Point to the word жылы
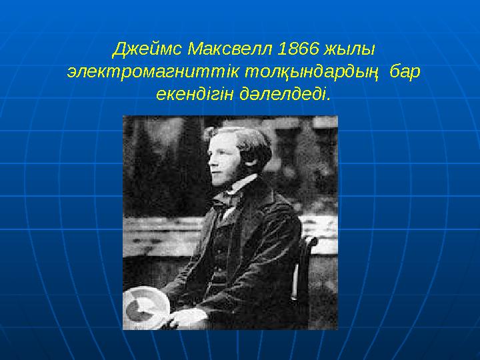click(352, 49)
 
